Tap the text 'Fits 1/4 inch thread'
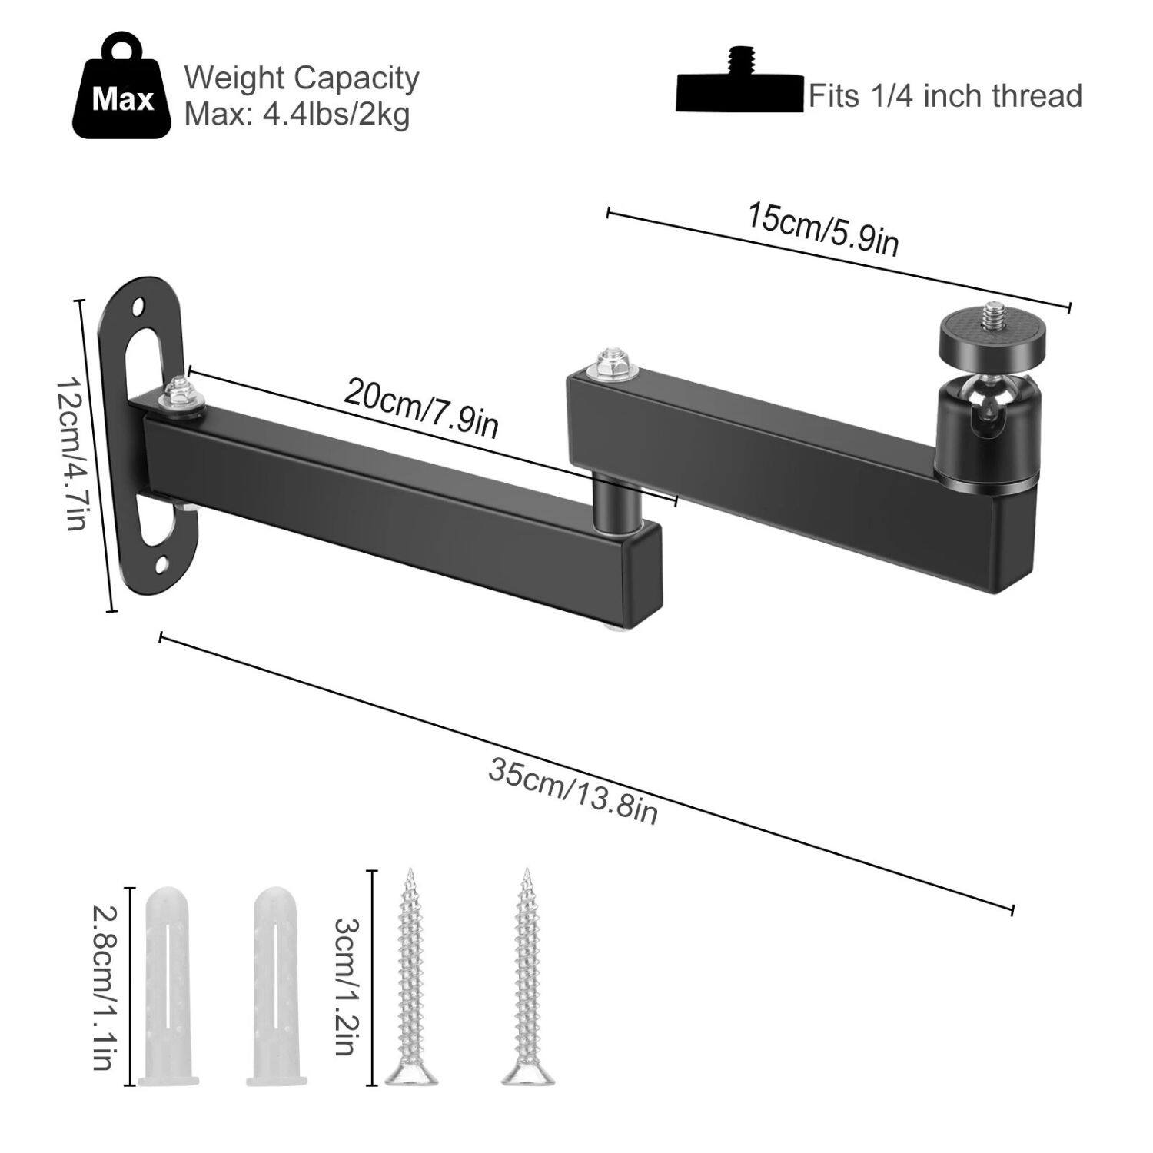coord(945,96)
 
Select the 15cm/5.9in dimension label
coord(822,229)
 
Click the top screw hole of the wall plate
coord(139,307)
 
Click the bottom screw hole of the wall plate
coord(162,567)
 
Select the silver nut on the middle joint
coord(611,364)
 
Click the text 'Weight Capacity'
coord(301,78)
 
